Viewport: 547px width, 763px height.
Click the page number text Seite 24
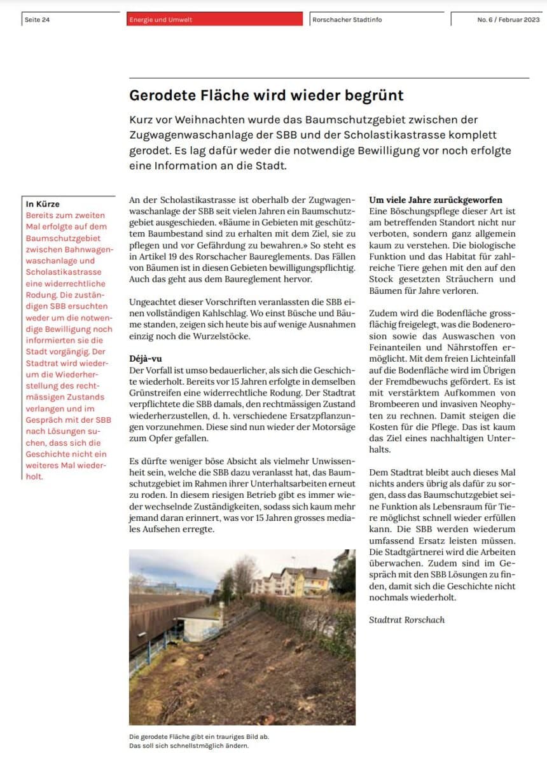click(37, 20)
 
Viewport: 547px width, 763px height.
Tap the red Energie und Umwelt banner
click(215, 20)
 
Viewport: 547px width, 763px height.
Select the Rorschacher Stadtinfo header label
click(347, 20)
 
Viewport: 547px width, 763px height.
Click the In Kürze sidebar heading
click(43, 204)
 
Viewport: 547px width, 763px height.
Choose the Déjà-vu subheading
click(145, 359)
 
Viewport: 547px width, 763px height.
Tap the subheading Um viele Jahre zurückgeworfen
click(436, 200)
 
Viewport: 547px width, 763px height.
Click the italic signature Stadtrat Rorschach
click(406, 619)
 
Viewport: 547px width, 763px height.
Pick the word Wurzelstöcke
click(225, 336)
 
